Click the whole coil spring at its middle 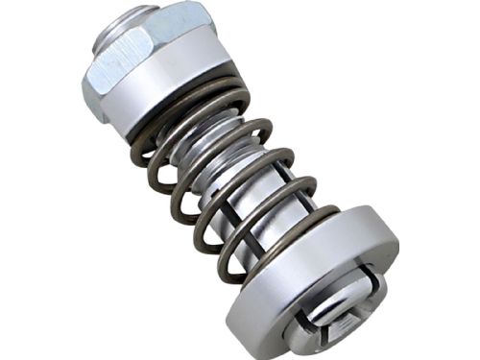click(x=230, y=173)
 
